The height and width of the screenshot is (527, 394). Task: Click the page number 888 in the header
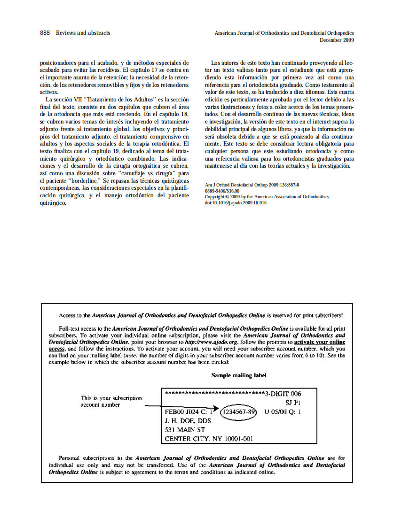(45, 33)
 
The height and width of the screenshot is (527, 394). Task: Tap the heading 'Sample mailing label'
(238, 375)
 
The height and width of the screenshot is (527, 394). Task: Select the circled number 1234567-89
(239, 412)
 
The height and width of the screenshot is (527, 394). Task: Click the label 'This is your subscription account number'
(111, 401)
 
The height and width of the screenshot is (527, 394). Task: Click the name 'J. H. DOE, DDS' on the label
(188, 421)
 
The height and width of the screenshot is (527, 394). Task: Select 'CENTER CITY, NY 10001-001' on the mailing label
(209, 439)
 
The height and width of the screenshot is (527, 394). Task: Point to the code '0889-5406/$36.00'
(222, 191)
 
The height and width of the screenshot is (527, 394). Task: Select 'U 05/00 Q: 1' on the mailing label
(282, 412)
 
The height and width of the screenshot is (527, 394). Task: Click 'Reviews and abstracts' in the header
(83, 33)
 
